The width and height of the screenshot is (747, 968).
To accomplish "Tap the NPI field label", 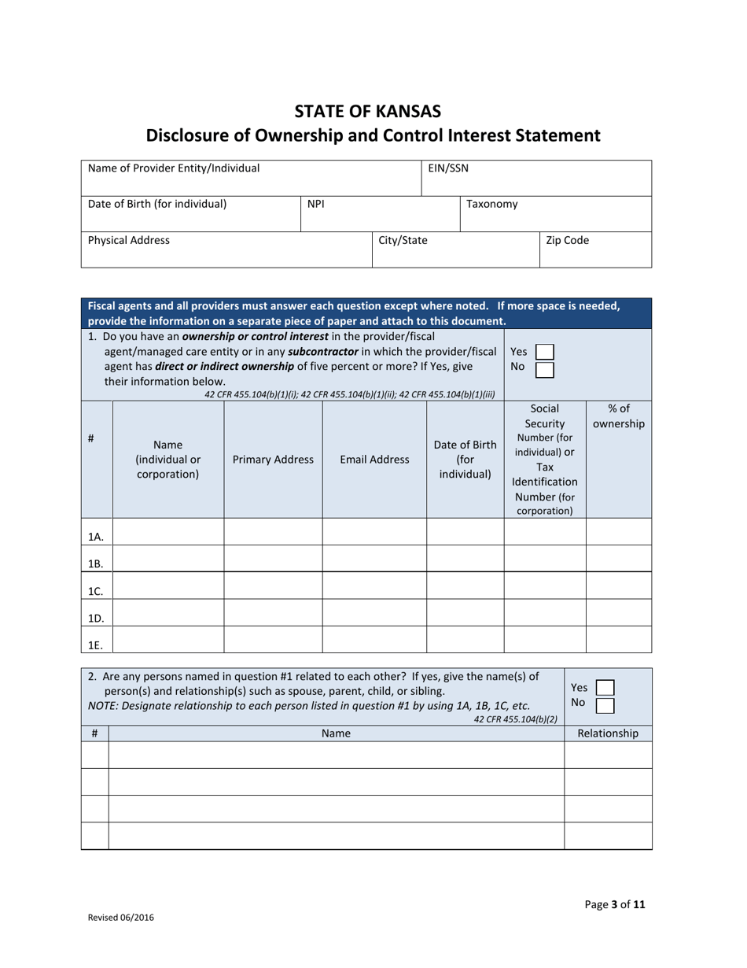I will pos(316,204).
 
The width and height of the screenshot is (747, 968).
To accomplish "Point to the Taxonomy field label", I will pos(491,204).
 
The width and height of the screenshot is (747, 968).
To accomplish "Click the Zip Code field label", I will pos(567,240).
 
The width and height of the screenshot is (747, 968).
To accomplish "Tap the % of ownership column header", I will pos(619,416).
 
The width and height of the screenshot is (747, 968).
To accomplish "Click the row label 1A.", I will pos(96,538).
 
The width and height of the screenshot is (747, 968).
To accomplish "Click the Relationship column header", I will pos(608,733).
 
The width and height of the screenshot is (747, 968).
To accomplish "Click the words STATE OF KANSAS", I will pos(373,110).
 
